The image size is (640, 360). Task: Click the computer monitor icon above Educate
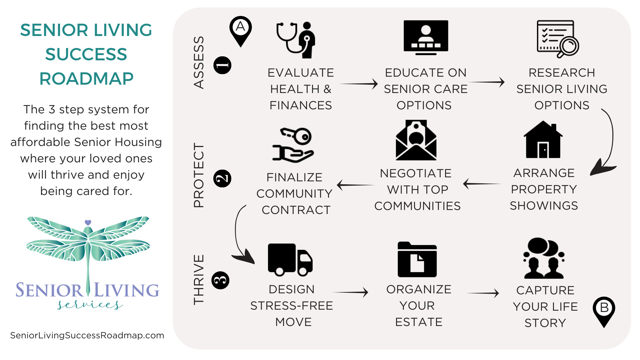tap(426, 37)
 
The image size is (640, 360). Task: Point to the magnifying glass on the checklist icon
tap(569, 46)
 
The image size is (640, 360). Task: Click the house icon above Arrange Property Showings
tap(543, 140)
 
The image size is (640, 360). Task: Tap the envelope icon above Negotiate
tap(416, 140)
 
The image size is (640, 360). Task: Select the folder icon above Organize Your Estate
tap(417, 260)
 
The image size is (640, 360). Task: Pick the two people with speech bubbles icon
tap(544, 258)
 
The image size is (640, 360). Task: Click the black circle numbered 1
tap(222, 65)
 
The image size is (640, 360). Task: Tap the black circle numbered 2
tap(222, 178)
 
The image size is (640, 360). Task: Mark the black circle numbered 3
tap(221, 280)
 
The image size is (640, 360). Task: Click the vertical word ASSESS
tap(199, 62)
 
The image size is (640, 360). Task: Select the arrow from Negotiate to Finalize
tap(355, 185)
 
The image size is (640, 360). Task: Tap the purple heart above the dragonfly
tap(88, 222)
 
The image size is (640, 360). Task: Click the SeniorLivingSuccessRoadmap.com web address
tap(87, 335)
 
